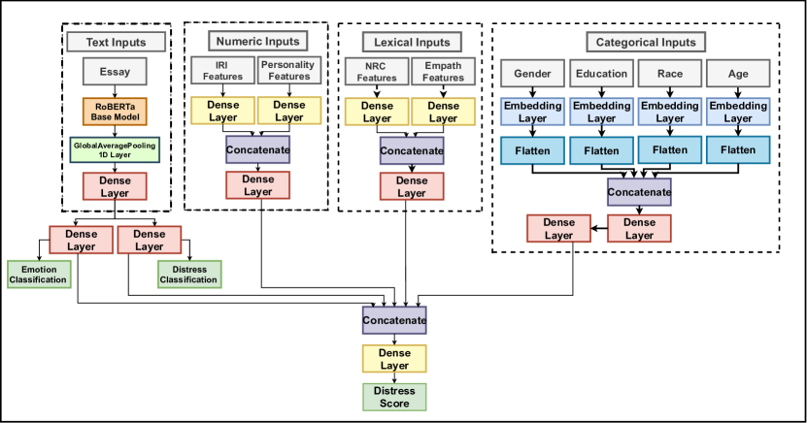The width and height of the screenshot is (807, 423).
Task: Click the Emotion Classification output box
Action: pyautogui.click(x=39, y=274)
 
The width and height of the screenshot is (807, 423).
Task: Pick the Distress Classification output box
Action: pyautogui.click(x=188, y=274)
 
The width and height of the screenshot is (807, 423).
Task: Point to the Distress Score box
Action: pyautogui.click(x=393, y=396)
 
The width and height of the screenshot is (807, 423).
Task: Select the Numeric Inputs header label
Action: pyautogui.click(x=256, y=41)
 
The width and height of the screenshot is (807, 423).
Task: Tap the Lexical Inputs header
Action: pyautogui.click(x=411, y=42)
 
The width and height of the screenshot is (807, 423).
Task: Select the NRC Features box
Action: pyautogui.click(x=377, y=72)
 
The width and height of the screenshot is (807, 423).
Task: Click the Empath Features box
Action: pyautogui.click(x=444, y=72)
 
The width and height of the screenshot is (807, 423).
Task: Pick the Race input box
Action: pyautogui.click(x=670, y=73)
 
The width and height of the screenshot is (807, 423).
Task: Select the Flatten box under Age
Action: pyautogui.click(x=738, y=149)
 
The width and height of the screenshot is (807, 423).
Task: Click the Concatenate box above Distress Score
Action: pyautogui.click(x=394, y=319)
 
